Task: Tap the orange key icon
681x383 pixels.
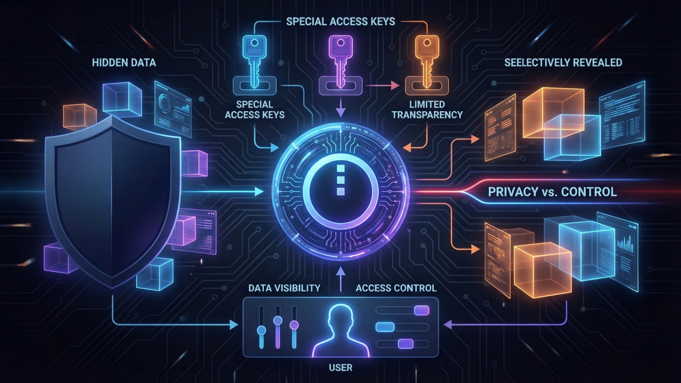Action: point(425,59)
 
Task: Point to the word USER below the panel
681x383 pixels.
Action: point(340,368)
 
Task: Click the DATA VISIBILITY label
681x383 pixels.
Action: point(284,288)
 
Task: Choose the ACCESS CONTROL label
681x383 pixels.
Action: point(396,288)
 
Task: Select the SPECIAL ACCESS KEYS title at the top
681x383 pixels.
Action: point(340,22)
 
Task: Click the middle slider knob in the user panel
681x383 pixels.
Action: point(277,320)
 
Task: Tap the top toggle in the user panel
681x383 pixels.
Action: point(421,310)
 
